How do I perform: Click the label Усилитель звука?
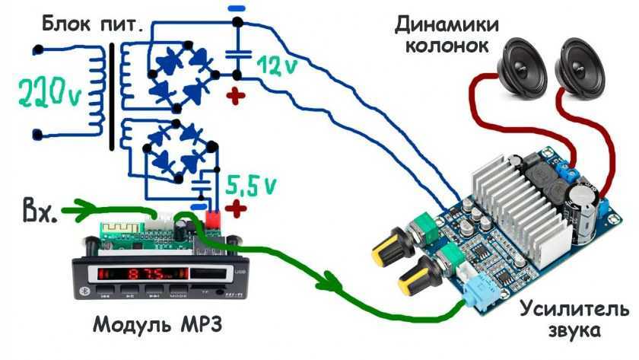pos(574,320)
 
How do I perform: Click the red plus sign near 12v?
pos(238,96)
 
